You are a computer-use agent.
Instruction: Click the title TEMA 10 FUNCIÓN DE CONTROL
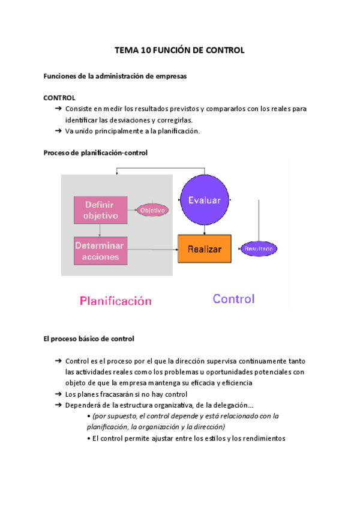point(179,50)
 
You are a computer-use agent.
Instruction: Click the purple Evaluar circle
point(204,200)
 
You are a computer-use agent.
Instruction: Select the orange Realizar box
point(204,248)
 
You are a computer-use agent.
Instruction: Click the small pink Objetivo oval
point(152,210)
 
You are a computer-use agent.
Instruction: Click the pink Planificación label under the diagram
point(116,301)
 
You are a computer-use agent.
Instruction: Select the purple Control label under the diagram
point(233,298)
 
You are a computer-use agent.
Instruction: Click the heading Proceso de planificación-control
point(95,153)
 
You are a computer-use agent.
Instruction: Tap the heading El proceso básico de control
point(89,339)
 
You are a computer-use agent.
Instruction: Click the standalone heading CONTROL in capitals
point(59,97)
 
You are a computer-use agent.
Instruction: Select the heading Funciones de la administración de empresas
point(115,76)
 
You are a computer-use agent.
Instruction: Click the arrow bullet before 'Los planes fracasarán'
point(58,394)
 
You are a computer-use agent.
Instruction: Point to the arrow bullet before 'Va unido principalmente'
point(58,131)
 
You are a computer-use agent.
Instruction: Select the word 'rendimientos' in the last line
point(259,438)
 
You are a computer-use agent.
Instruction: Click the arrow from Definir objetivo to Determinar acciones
point(100,230)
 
